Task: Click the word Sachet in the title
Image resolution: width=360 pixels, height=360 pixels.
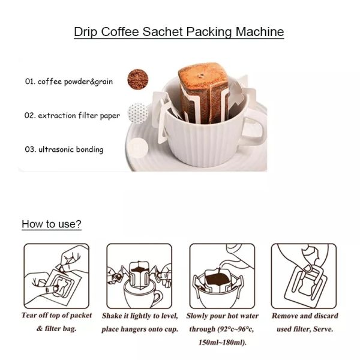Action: [163, 31]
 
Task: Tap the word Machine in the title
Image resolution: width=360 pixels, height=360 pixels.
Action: [260, 31]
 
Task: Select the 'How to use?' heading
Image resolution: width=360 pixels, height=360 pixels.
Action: [52, 224]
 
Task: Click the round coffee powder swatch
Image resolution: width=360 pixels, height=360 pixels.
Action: [138, 80]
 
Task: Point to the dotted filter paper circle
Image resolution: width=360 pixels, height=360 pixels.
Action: [138, 113]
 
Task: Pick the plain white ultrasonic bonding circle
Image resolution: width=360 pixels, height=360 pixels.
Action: [137, 148]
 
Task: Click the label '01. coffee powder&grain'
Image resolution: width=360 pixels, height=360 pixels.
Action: [69, 82]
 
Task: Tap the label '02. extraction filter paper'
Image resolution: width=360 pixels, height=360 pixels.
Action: [72, 115]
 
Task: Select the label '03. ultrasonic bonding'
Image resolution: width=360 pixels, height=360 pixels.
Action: [64, 149]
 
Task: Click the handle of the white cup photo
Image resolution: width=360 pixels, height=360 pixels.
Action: [256, 128]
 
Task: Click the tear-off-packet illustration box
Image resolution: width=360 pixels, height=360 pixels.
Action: [56, 276]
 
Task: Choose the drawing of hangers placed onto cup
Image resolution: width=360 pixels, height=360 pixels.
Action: [139, 276]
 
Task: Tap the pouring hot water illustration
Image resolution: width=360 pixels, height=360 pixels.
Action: [222, 276]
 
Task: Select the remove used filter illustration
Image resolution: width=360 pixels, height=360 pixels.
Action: [304, 276]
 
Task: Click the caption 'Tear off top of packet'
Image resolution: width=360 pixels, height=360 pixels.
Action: [56, 316]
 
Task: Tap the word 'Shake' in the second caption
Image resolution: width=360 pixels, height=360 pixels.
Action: [112, 316]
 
